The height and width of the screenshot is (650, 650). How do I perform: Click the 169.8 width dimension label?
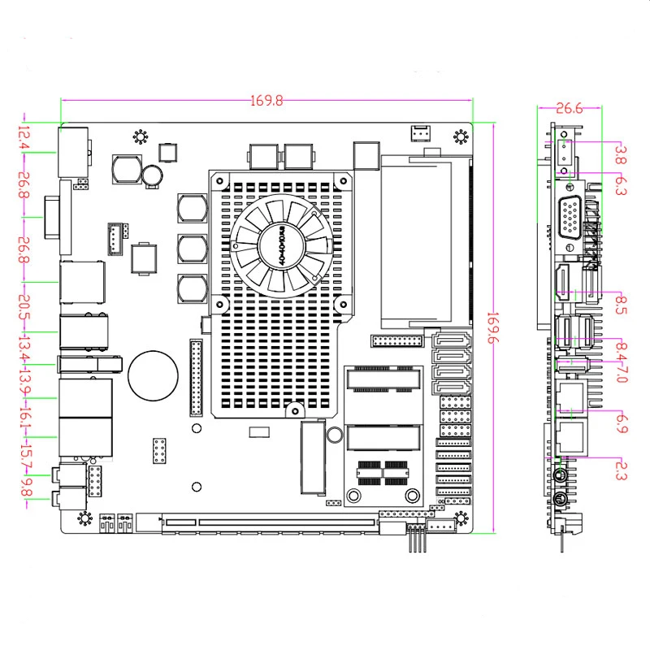pos(266,102)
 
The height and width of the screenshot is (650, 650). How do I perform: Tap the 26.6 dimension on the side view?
pos(569,106)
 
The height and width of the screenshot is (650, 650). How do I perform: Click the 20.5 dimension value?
pos(24,308)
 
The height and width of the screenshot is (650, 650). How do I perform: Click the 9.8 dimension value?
pos(24,487)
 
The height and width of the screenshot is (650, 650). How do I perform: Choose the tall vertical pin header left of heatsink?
pos(196,378)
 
